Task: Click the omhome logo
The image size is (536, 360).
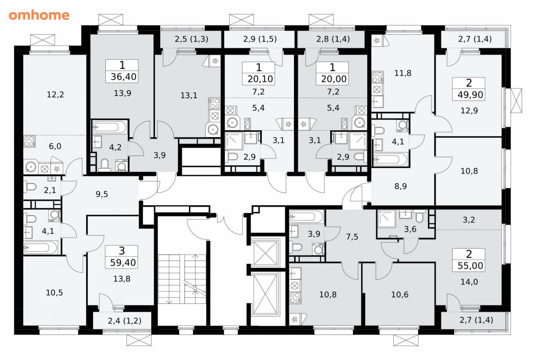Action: (x=39, y=15)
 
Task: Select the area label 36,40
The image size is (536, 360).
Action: (x=123, y=76)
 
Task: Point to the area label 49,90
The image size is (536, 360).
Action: (x=470, y=94)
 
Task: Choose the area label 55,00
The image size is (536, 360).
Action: (x=470, y=265)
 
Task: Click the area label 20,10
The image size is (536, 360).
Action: (x=260, y=79)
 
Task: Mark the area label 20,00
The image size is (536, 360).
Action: (x=333, y=79)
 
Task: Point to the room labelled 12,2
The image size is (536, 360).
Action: (x=55, y=94)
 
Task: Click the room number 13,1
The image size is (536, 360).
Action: (x=189, y=95)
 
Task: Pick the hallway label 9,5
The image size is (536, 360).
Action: (x=102, y=194)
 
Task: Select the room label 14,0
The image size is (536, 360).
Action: (x=469, y=282)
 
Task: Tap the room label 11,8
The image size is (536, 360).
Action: (x=403, y=73)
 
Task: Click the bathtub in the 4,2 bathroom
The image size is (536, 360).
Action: (x=110, y=127)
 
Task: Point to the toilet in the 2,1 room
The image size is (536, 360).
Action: (x=31, y=187)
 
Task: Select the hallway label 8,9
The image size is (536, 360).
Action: (x=400, y=186)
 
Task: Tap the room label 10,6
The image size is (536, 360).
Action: (x=400, y=294)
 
